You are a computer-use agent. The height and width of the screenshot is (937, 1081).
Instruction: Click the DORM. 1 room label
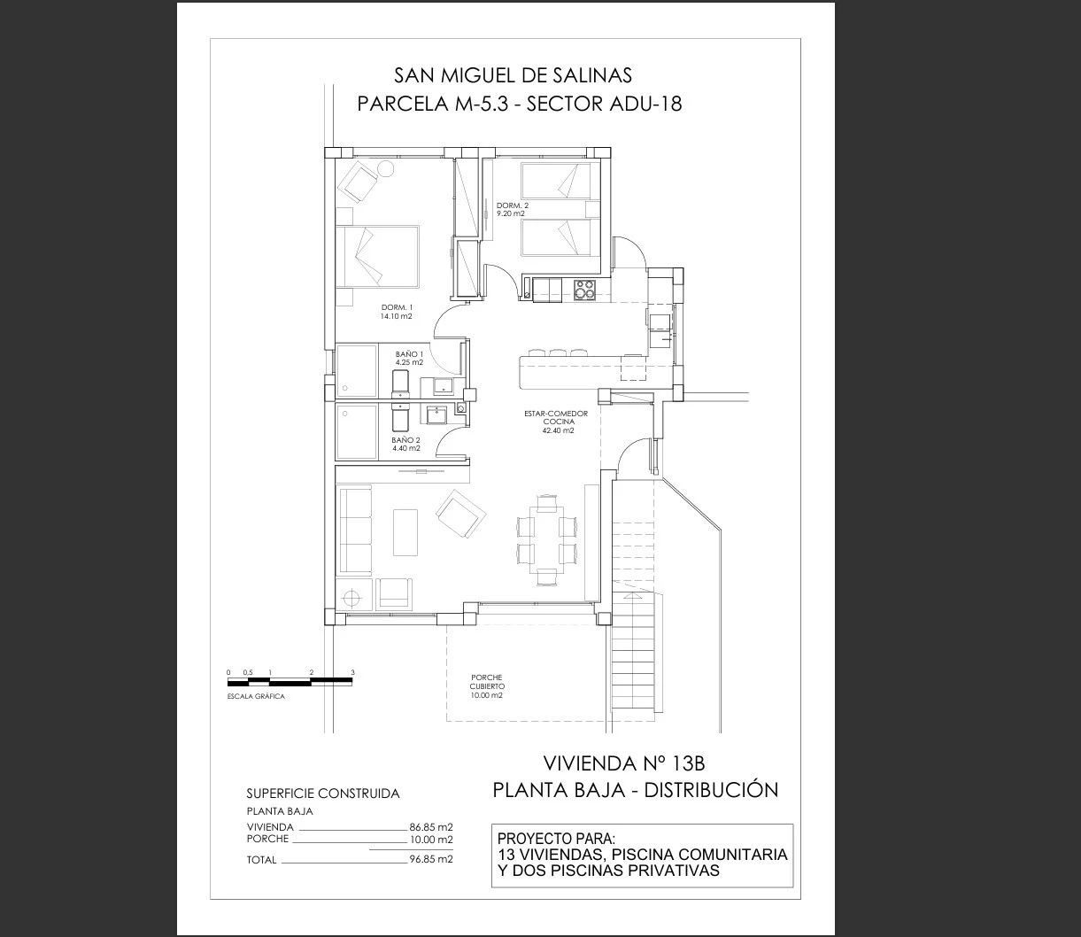[x=397, y=307]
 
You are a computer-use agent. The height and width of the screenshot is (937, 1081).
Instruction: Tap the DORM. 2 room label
[x=513, y=205]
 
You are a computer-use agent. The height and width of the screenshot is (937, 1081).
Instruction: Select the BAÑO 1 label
[x=410, y=354]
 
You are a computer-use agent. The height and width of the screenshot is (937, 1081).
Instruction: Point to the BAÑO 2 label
[x=405, y=440]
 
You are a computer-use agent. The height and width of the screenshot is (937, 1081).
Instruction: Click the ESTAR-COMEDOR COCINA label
[x=556, y=417]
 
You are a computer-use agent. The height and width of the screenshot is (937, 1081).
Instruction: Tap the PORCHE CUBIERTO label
[x=487, y=682]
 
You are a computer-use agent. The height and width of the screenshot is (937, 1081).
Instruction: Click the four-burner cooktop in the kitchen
[x=584, y=290]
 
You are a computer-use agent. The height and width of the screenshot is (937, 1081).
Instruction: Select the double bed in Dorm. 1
[x=377, y=256]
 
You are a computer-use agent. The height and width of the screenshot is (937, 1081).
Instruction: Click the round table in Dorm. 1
[x=385, y=168]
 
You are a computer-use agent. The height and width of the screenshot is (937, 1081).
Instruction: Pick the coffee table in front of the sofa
[x=405, y=532]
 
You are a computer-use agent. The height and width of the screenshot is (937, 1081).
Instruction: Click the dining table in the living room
[x=546, y=538]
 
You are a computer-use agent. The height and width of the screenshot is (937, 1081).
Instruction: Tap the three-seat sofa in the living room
[x=355, y=530]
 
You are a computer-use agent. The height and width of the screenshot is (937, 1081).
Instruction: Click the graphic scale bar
[x=290, y=682]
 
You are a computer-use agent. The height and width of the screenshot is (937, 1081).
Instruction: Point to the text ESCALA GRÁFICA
[x=256, y=696]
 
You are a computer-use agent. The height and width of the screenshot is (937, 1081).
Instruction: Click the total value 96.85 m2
[x=431, y=859]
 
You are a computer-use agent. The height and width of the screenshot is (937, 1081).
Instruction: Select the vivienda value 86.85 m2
[x=431, y=827]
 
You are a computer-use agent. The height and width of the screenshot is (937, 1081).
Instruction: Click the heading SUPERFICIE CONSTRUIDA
[x=322, y=794]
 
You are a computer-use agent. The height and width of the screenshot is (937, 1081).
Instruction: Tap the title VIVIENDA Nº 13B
[x=624, y=763]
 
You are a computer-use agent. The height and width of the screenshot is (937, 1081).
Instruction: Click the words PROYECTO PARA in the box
[x=557, y=839]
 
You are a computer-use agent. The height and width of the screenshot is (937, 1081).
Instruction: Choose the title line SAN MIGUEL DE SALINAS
[x=513, y=76]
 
